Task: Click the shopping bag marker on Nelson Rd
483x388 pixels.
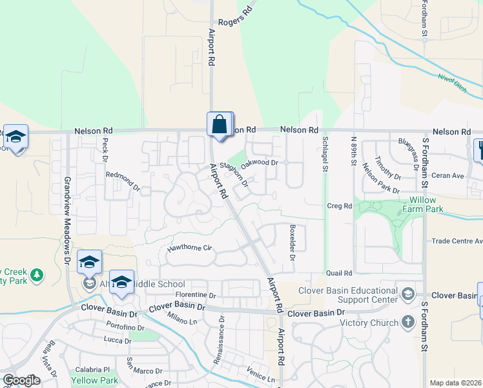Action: tap(219, 124)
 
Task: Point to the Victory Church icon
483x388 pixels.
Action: tap(407, 322)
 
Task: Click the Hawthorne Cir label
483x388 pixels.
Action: tap(190, 248)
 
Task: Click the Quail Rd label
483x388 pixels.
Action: tap(338, 274)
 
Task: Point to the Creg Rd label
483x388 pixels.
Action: tap(338, 206)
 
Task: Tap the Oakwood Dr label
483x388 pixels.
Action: tap(259, 164)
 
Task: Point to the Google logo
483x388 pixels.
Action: tap(21, 380)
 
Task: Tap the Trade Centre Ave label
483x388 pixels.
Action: tap(457, 241)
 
